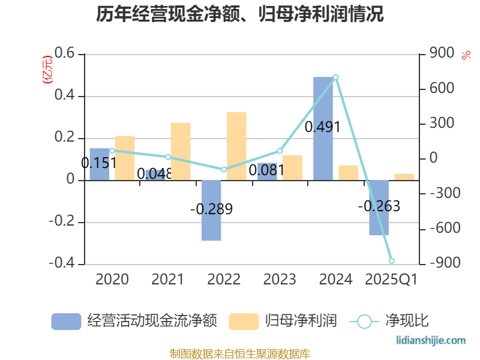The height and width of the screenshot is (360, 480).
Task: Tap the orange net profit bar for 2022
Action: coord(236,146)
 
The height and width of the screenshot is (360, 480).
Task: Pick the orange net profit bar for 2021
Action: coord(181,151)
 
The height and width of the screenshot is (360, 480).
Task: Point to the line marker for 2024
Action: coord(335,77)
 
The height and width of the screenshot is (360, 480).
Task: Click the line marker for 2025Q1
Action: coord(391,260)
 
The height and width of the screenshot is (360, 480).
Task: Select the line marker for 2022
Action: coord(224,169)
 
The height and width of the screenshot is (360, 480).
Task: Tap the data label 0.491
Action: coord(323,127)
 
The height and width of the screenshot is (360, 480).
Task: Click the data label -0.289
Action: coord(211,209)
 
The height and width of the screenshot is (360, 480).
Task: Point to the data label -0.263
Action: coord(379,206)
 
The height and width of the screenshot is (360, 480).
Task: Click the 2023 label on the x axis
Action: coord(280,279)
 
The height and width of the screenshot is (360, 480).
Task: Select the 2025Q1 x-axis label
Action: coord(391,279)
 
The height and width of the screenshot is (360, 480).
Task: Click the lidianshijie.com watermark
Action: coord(431,340)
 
